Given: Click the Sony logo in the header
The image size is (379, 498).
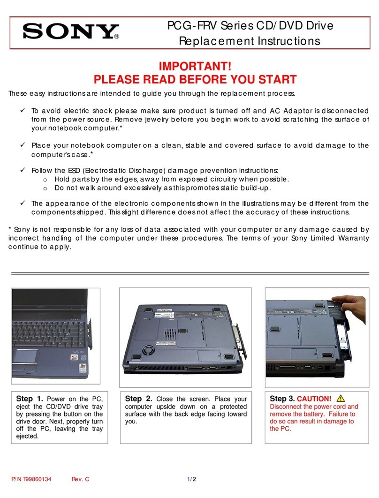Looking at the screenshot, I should point(69,31).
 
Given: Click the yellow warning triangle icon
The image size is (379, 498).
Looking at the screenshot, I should point(341,398).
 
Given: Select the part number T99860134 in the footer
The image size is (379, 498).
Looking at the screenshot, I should point(41,479).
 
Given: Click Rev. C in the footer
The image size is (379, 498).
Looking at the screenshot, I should point(81,479).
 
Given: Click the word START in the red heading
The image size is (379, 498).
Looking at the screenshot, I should point(270,80).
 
